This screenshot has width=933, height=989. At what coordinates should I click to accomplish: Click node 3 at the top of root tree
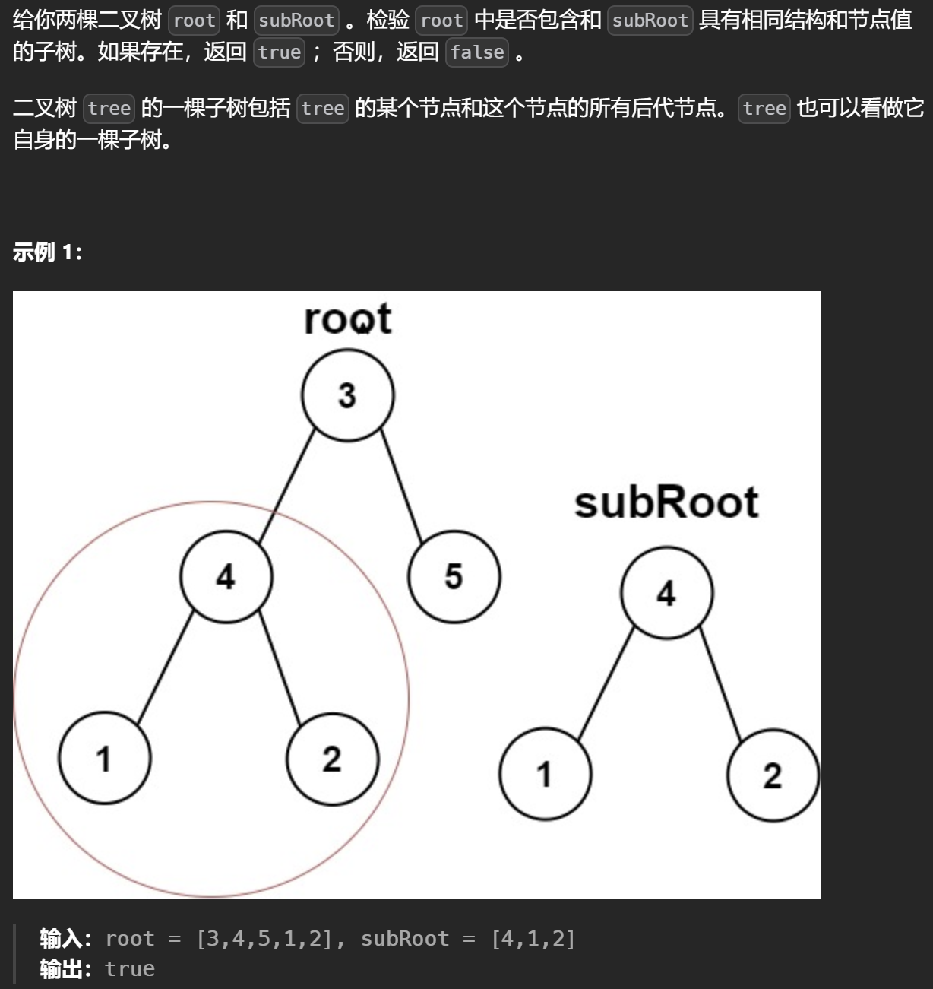[347, 395]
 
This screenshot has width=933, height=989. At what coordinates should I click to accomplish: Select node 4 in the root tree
[226, 577]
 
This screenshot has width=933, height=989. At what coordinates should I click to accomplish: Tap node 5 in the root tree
[454, 576]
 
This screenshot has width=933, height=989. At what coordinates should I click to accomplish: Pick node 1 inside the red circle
[104, 758]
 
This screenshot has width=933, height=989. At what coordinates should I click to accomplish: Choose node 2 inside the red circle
[332, 759]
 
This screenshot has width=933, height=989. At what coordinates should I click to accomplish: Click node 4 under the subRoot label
[666, 593]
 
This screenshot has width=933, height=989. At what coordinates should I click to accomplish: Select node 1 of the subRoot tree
[545, 774]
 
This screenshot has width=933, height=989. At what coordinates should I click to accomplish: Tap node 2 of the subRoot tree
[773, 775]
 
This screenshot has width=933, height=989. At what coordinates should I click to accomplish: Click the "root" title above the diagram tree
[347, 319]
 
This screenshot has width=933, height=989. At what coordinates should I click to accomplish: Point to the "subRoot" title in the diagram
[666, 502]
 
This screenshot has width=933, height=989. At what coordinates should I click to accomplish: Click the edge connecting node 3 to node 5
[402, 487]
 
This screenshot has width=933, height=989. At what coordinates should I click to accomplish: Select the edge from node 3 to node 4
[286, 487]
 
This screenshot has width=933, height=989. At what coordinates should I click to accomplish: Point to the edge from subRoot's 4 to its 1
[606, 683]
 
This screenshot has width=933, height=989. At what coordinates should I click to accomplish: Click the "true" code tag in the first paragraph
[279, 52]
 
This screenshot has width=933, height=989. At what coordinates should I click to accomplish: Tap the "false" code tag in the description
[476, 52]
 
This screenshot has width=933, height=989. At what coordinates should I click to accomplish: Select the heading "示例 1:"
[47, 252]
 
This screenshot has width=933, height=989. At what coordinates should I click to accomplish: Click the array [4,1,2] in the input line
[533, 939]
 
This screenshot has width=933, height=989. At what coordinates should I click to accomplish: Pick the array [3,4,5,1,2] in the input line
[264, 939]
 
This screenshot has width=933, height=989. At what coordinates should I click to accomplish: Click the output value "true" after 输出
[130, 968]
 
